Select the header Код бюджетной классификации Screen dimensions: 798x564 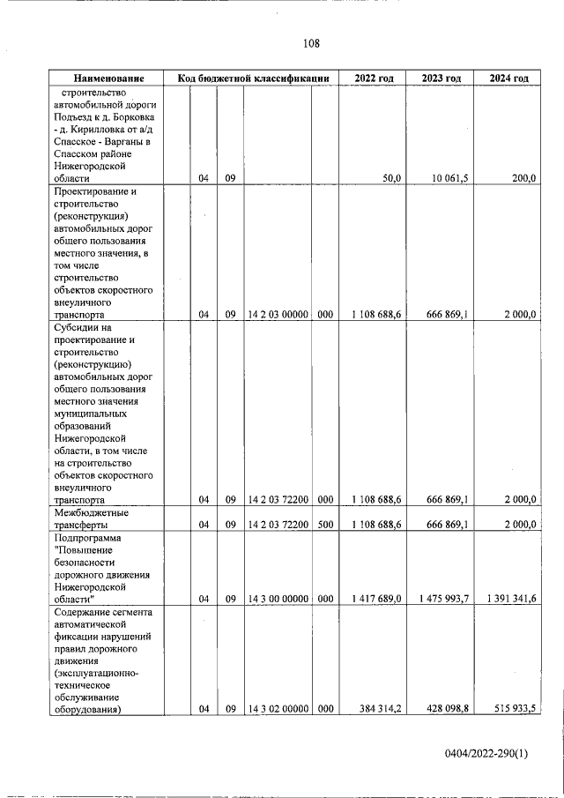pyautogui.click(x=253, y=78)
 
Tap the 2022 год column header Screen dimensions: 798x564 pyautogui.click(x=374, y=78)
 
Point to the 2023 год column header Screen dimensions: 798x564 pyautogui.click(x=442, y=78)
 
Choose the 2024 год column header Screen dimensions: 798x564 pyautogui.click(x=508, y=78)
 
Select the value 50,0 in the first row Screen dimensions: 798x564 pyautogui.click(x=392, y=178)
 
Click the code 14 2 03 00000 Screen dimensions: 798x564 pyautogui.click(x=278, y=314)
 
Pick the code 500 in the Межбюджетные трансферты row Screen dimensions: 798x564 pyautogui.click(x=325, y=525)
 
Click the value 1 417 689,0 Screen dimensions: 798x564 pyautogui.click(x=376, y=599)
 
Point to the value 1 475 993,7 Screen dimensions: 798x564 pyautogui.click(x=442, y=599)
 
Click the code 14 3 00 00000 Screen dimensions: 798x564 pyautogui.click(x=278, y=599)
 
